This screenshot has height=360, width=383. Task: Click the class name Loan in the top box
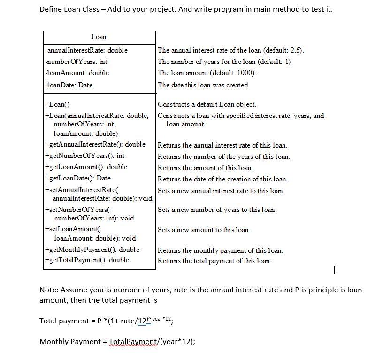(99, 37)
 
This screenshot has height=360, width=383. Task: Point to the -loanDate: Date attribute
(69, 85)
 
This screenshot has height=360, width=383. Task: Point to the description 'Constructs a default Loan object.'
(207, 104)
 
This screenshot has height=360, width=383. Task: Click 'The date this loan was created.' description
(203, 85)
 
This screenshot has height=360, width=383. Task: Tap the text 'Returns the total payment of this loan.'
(214, 261)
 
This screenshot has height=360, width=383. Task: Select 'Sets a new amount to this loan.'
(204, 230)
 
